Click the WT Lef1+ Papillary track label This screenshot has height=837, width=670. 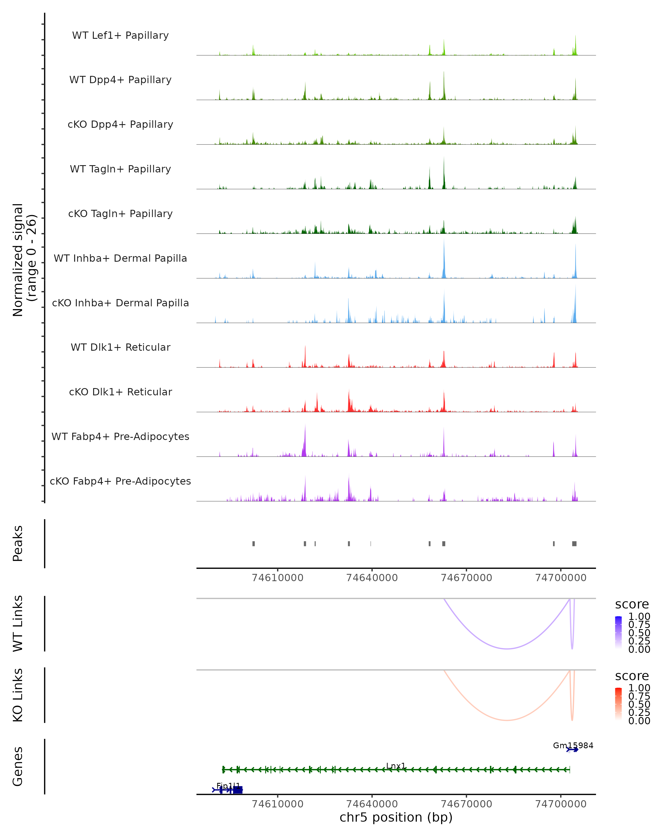click(120, 35)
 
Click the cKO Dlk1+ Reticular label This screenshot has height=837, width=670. click(120, 392)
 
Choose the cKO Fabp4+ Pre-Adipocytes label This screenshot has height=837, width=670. click(120, 481)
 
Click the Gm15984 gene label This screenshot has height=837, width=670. click(573, 745)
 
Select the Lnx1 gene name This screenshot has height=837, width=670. click(396, 766)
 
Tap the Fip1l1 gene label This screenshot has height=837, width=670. click(228, 786)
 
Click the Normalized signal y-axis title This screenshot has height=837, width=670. click(24, 260)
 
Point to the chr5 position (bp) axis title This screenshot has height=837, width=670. click(396, 817)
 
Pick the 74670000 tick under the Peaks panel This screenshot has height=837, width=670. click(466, 578)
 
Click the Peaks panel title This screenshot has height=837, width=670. click(18, 543)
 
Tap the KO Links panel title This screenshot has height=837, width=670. click(18, 695)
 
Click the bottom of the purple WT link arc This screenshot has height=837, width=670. click(507, 649)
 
